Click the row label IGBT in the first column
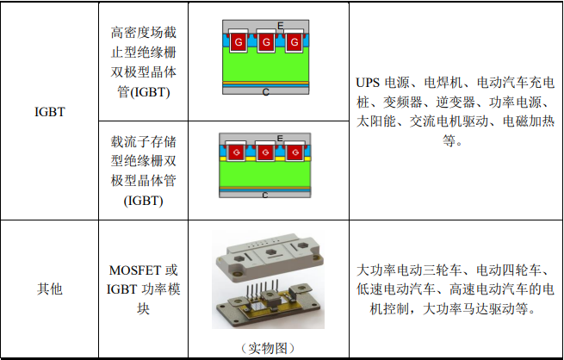click(50, 111)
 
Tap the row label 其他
click(50, 289)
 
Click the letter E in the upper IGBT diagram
click(281, 26)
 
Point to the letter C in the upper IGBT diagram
click(266, 92)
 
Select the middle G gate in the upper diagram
click(266, 42)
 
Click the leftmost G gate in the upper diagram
click(239, 42)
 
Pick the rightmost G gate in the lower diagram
click(295, 152)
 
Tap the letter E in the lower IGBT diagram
click(280, 139)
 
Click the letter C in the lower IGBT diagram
click(265, 195)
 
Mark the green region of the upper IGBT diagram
click(266, 67)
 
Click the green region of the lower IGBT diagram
click(265, 174)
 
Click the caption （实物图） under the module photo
click(268, 348)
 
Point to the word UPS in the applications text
click(368, 83)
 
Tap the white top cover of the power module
click(269, 255)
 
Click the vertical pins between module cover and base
click(263, 289)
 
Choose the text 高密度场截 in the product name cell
click(144, 33)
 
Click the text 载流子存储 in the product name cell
click(144, 141)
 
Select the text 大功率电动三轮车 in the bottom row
click(409, 270)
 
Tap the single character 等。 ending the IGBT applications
click(451, 140)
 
